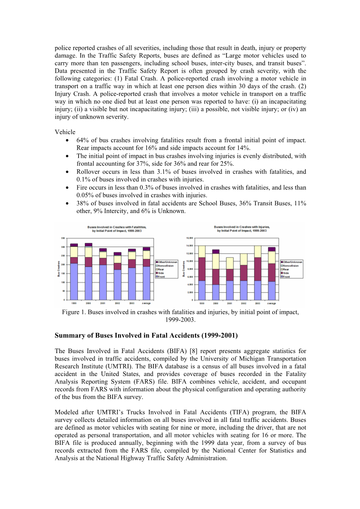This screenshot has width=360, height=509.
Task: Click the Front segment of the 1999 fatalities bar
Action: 74,282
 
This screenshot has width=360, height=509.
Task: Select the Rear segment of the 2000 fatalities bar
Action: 88,252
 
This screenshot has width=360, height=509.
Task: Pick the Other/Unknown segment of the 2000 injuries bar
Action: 216,252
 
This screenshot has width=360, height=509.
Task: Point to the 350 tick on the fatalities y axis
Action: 62,238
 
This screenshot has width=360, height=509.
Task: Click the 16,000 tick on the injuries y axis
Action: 190,238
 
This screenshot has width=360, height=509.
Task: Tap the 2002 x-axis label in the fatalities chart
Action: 117,303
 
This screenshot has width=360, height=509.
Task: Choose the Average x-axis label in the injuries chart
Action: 272,303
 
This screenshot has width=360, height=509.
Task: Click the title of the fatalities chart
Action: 117,229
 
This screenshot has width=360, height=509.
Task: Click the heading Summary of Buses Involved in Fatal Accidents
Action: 146,335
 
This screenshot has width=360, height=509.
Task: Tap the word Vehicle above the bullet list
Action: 65,132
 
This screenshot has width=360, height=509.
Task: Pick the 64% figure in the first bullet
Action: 83,140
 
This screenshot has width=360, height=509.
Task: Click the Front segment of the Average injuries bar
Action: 272,290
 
